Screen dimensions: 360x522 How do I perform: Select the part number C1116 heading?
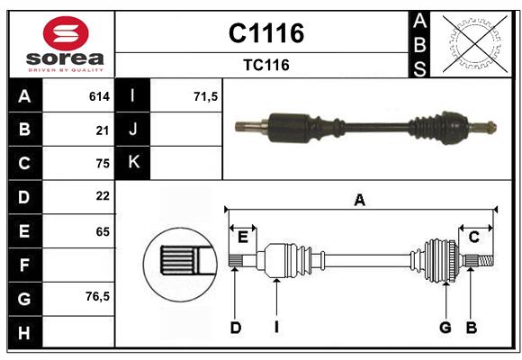tap(265, 34)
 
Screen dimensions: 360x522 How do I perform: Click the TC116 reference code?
tap(265, 66)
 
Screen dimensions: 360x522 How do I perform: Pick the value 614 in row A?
tap(99, 96)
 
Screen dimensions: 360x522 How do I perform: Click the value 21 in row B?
tap(102, 130)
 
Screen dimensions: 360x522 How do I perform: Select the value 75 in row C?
tap(102, 164)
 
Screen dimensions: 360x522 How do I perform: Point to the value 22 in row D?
tap(102, 196)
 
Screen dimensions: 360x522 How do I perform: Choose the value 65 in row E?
tap(102, 231)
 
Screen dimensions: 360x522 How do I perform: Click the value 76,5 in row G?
tap(97, 296)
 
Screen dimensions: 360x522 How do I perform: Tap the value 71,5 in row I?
tap(206, 96)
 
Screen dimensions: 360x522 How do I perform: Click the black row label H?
tap(24, 333)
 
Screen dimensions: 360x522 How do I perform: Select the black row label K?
tap(133, 163)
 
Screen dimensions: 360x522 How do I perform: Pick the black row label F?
tap(24, 265)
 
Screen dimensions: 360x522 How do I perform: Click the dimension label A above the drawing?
tap(360, 200)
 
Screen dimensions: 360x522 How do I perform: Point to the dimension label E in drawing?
tap(242, 237)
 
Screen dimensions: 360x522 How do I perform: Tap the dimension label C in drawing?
tap(473, 237)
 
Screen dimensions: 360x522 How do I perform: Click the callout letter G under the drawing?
tap(445, 328)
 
